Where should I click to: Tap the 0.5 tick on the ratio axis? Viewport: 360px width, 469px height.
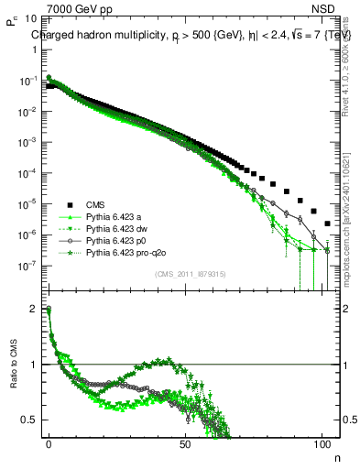pyautogui.click(x=31, y=420)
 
